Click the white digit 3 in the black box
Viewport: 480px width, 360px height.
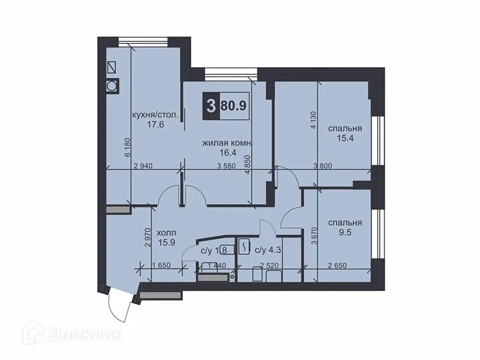click(211, 107)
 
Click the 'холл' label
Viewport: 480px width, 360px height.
click(166, 232)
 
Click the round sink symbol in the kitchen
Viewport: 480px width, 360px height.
click(112, 86)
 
